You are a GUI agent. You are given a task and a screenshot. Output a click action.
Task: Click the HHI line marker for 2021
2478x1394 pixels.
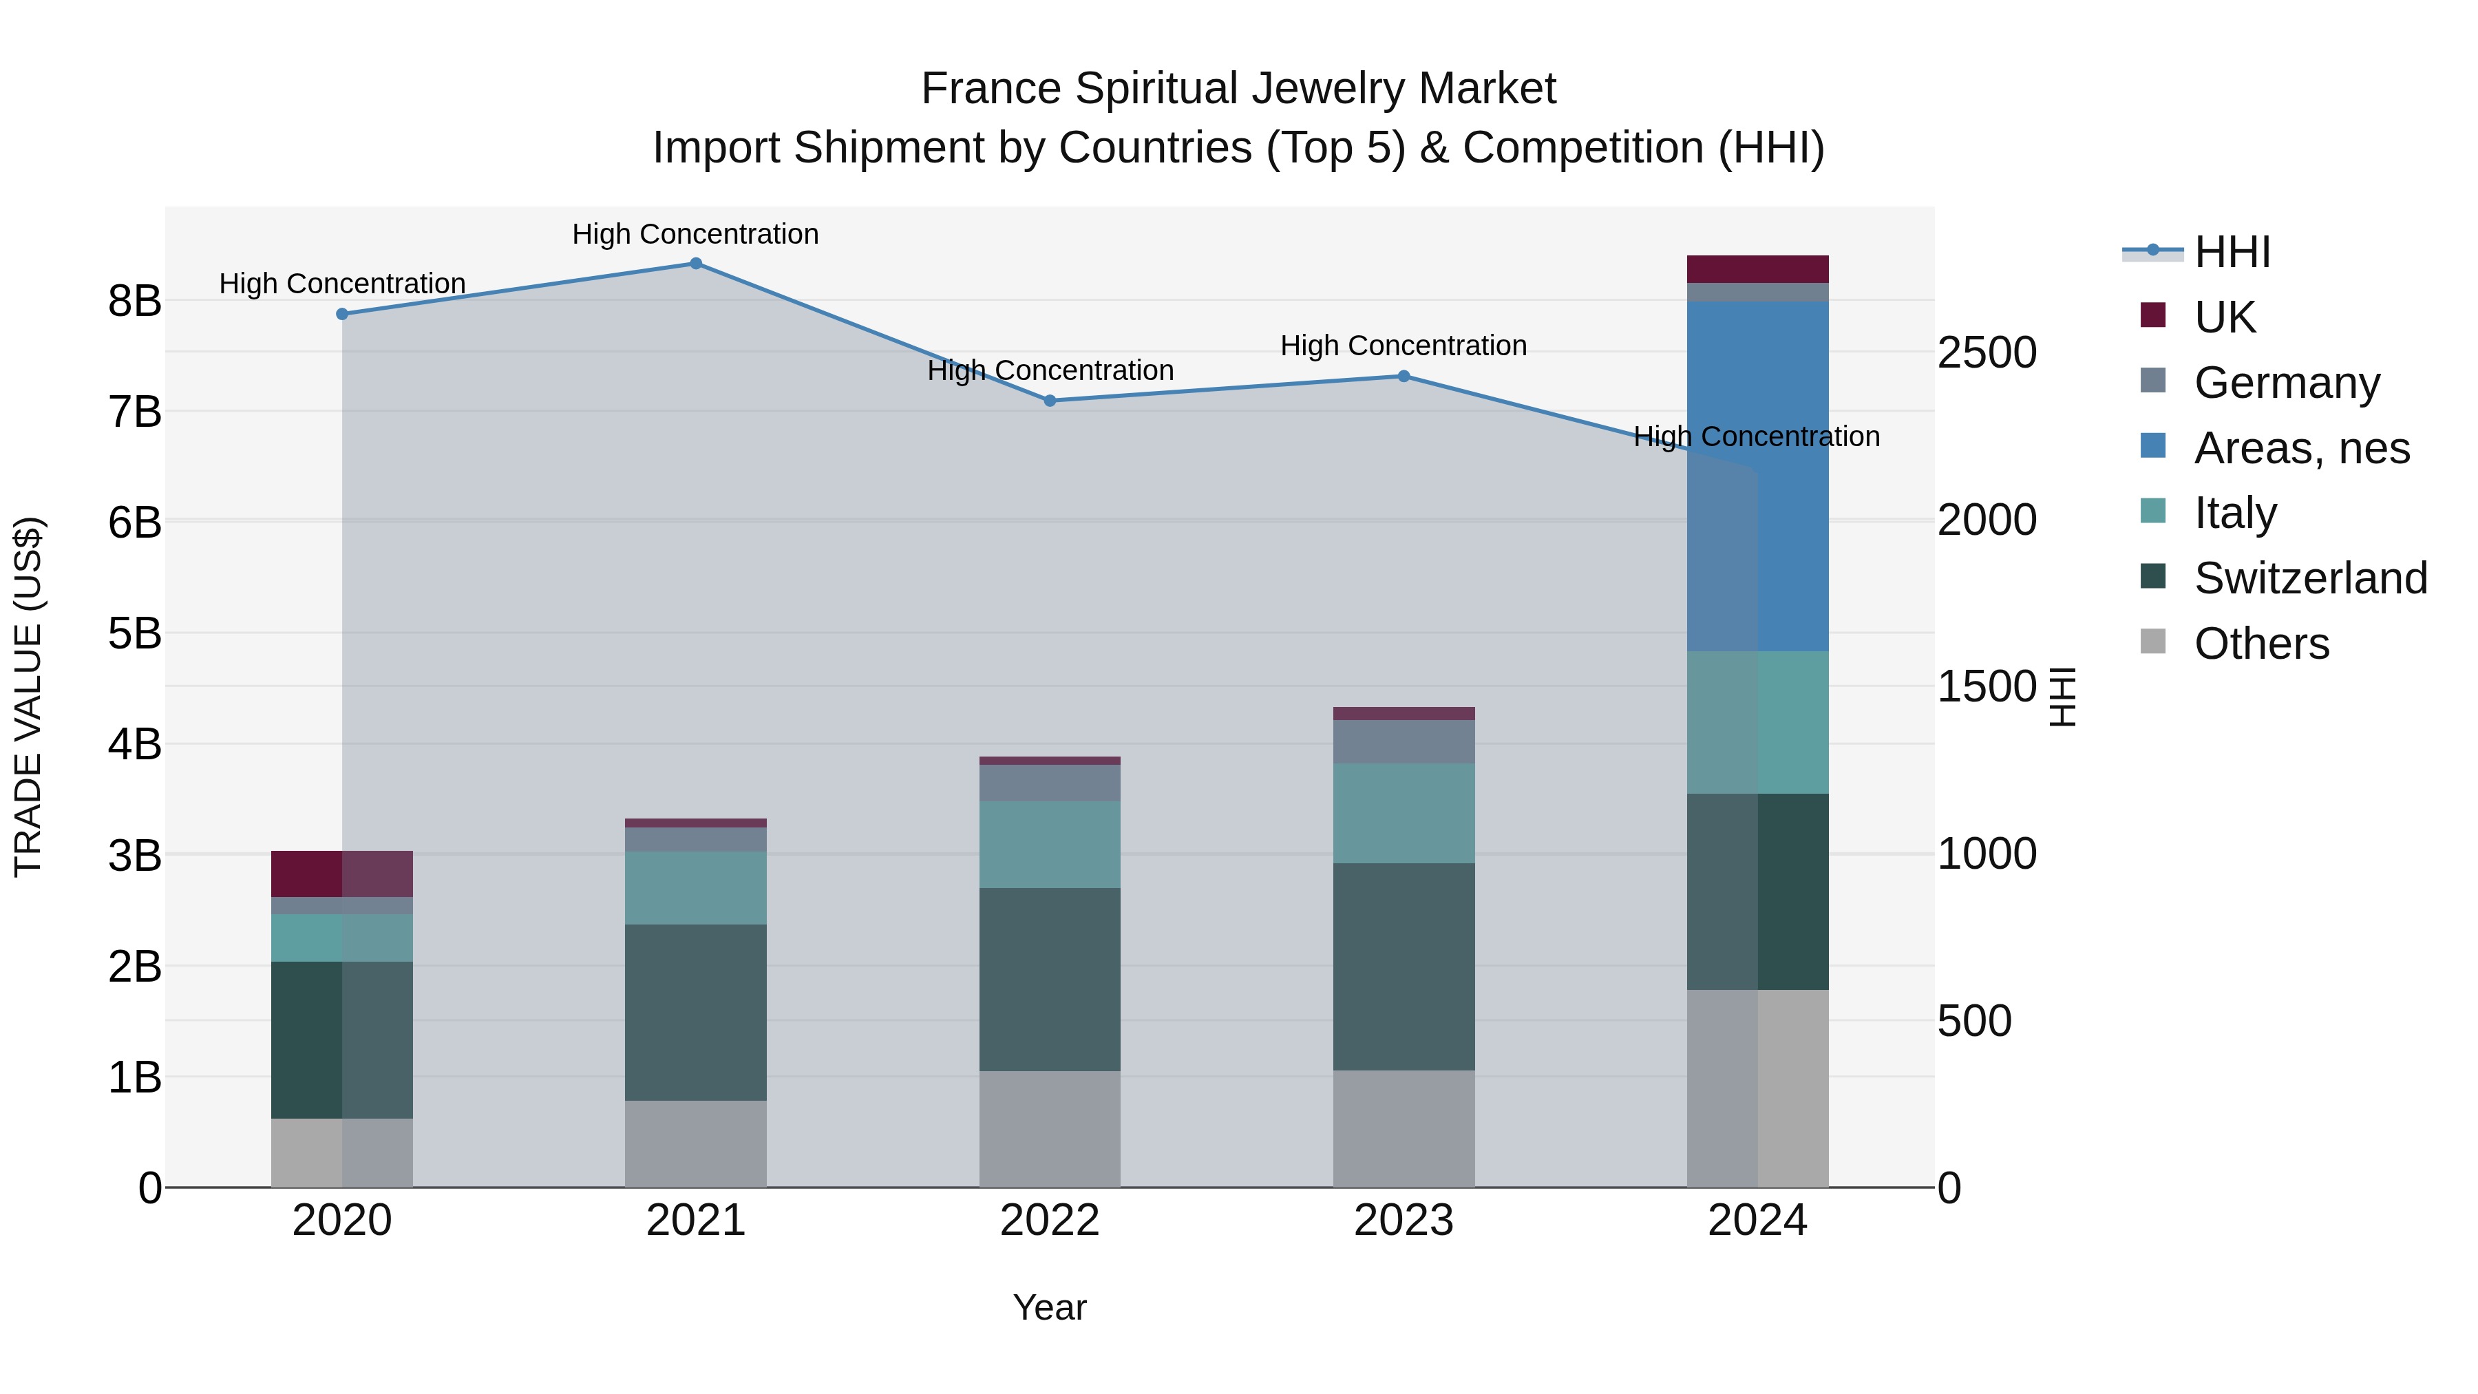(x=695, y=264)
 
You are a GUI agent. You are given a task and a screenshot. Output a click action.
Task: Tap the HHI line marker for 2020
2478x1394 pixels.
(x=343, y=315)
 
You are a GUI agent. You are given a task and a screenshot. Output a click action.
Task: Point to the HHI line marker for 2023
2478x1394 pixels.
(x=1404, y=376)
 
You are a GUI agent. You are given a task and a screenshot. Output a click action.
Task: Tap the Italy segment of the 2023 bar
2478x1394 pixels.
(x=1404, y=813)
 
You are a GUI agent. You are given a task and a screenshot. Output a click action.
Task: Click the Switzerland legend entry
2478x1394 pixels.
(x=2309, y=578)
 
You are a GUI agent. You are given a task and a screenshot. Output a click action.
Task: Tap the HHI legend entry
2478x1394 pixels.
(x=2232, y=252)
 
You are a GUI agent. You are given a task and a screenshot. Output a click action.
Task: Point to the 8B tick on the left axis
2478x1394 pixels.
(x=135, y=301)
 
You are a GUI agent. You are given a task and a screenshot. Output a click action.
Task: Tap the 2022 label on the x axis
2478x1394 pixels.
(x=1050, y=1221)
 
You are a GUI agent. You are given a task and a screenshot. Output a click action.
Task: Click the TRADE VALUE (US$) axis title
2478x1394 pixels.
(x=29, y=697)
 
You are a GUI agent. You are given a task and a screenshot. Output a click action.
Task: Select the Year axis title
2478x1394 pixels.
(x=1050, y=1307)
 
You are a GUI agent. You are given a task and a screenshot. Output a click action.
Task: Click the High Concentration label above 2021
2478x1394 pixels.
(x=695, y=235)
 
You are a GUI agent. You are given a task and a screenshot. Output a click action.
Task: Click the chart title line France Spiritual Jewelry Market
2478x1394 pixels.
(x=1238, y=89)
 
